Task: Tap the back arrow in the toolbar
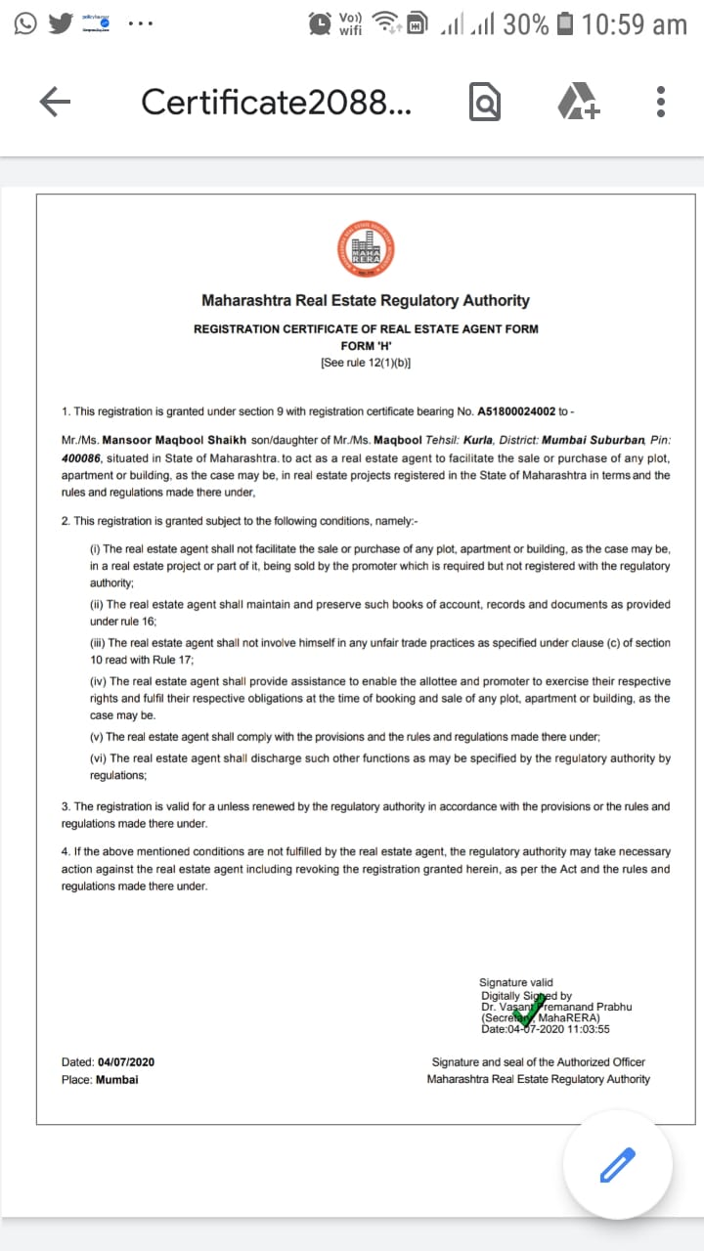pyautogui.click(x=55, y=102)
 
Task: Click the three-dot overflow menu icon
pyautogui.click(x=661, y=102)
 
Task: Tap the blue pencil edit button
pyautogui.click(x=617, y=1165)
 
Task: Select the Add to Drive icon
pyautogui.click(x=578, y=102)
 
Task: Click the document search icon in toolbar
pyautogui.click(x=485, y=102)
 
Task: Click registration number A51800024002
pyautogui.click(x=516, y=412)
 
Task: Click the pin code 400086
pyautogui.click(x=81, y=458)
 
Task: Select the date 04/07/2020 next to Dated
pyautogui.click(x=126, y=1062)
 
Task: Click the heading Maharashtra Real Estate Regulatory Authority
pyautogui.click(x=366, y=301)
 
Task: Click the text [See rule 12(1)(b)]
pyautogui.click(x=366, y=363)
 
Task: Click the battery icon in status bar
pyautogui.click(x=564, y=23)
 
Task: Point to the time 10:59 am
pyautogui.click(x=634, y=23)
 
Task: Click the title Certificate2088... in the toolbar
pyautogui.click(x=277, y=102)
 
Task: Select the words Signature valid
pyautogui.click(x=516, y=982)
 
